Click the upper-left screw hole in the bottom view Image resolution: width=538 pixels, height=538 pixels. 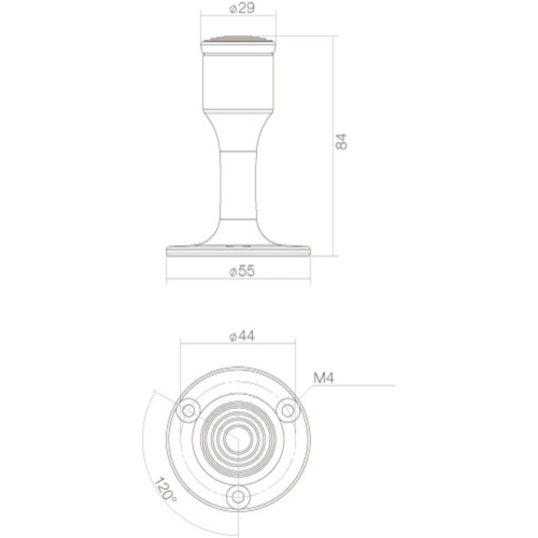pyautogui.click(x=187, y=410)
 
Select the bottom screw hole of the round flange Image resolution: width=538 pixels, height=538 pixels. pyautogui.click(x=238, y=497)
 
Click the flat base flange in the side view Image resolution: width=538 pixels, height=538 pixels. pyautogui.click(x=238, y=250)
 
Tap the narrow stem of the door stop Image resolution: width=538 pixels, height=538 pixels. pyautogui.click(x=238, y=184)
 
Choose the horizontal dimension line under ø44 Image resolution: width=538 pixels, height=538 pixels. pyautogui.click(x=238, y=345)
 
